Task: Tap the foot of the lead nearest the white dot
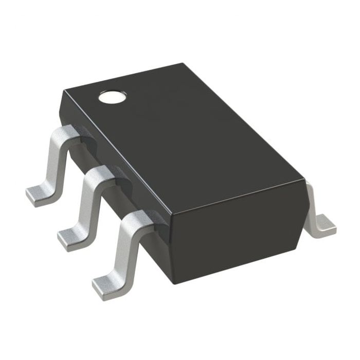pyautogui.click(x=40, y=195)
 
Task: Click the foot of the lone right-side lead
pyautogui.click(x=324, y=224)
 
